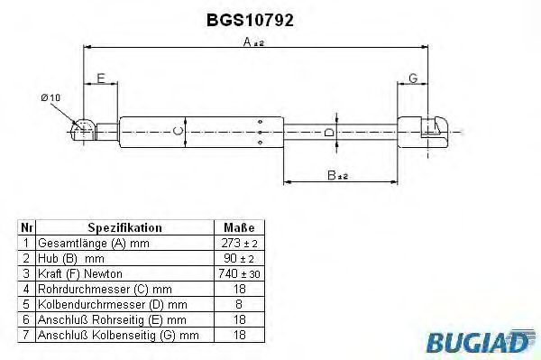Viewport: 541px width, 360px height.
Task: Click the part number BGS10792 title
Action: click(x=250, y=21)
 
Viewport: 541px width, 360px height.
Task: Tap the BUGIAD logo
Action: click(x=481, y=341)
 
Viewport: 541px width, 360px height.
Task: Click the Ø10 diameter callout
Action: click(x=50, y=97)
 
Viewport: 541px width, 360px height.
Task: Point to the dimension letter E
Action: click(x=101, y=78)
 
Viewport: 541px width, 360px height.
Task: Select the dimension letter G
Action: click(x=413, y=78)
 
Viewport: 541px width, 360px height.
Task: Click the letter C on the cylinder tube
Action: click(x=178, y=131)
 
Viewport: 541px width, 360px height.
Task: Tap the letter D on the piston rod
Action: click(x=329, y=133)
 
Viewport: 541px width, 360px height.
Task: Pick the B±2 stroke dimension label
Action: click(x=337, y=175)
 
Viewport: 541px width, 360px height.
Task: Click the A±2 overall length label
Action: click(x=253, y=42)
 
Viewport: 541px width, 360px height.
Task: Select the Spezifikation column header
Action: click(x=124, y=227)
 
